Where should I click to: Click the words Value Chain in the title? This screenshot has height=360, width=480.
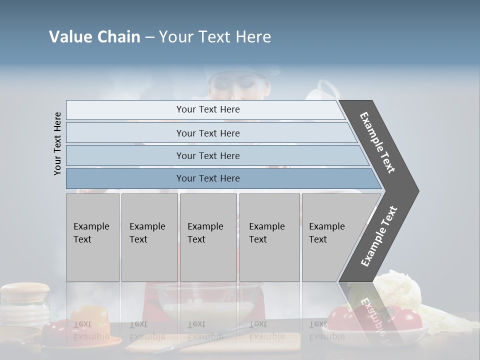[94, 37]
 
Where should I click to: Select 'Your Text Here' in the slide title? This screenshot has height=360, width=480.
[215, 37]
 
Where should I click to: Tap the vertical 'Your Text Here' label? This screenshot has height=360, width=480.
[57, 143]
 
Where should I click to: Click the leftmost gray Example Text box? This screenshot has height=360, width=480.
[92, 237]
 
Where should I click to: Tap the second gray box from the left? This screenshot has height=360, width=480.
[149, 237]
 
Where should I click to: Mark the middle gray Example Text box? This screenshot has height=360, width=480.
[208, 237]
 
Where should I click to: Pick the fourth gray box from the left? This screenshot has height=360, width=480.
[269, 237]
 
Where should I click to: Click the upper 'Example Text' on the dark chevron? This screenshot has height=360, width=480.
[377, 142]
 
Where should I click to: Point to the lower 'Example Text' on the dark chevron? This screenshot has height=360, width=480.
[378, 236]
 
